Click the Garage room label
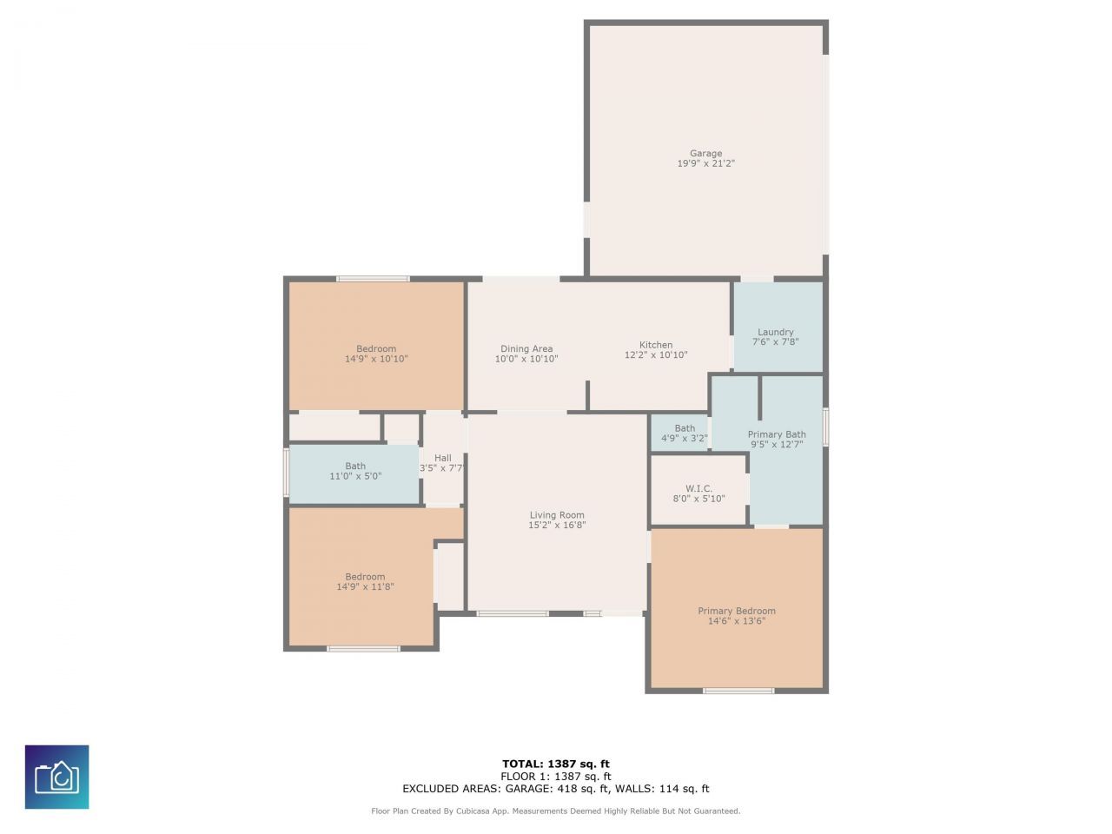[705, 154]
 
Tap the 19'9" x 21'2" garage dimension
[705, 163]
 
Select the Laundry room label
[775, 332]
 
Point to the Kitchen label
[656, 345]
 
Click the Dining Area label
[526, 349]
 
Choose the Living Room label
[557, 515]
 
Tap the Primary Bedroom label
[737, 611]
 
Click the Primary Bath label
[777, 434]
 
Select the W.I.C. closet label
[698, 488]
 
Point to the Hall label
[443, 459]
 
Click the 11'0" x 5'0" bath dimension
[355, 476]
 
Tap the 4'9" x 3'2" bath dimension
[685, 439]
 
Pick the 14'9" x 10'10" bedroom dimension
[376, 359]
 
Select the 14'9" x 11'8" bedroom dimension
[365, 587]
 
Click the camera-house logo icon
[56, 777]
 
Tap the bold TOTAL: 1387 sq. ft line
[556, 764]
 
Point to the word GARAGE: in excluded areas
[527, 789]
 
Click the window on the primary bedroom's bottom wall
[738, 691]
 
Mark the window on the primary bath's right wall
[825, 427]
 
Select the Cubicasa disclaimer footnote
[556, 811]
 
